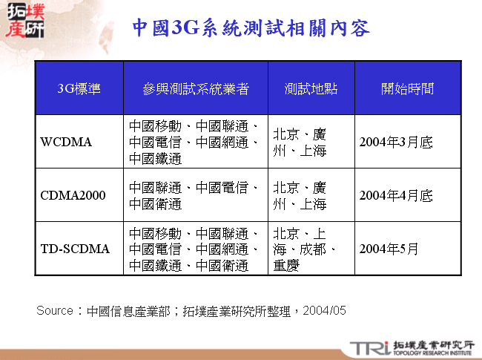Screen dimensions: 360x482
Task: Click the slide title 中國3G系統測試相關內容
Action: click(x=251, y=29)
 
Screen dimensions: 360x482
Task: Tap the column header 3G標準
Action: click(x=79, y=89)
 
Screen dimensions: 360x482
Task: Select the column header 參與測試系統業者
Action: click(x=196, y=89)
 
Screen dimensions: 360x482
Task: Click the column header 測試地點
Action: click(x=311, y=89)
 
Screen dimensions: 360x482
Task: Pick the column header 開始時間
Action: click(x=407, y=89)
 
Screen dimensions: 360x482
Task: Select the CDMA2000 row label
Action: click(x=73, y=196)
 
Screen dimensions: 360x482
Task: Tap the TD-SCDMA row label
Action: click(x=75, y=249)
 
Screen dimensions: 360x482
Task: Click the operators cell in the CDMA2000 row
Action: click(x=194, y=196)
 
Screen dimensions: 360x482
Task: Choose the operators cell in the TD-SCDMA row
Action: click(x=194, y=249)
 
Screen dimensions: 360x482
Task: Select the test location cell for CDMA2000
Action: click(x=300, y=196)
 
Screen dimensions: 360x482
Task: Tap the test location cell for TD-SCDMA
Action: click(x=304, y=249)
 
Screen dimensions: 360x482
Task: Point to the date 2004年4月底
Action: click(x=396, y=196)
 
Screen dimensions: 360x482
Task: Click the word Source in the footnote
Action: click(x=55, y=310)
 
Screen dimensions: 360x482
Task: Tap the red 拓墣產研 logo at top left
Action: click(x=24, y=21)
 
